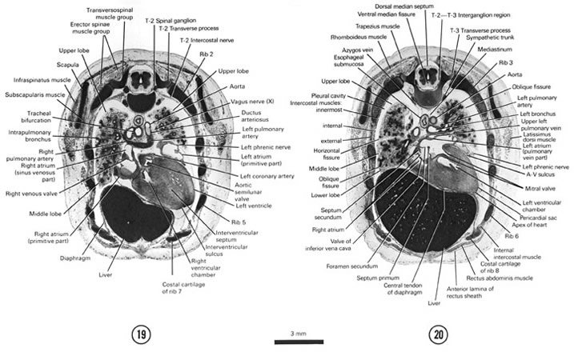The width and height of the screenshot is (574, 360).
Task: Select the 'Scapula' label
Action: (55, 66)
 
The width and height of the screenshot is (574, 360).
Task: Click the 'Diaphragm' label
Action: (74, 259)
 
